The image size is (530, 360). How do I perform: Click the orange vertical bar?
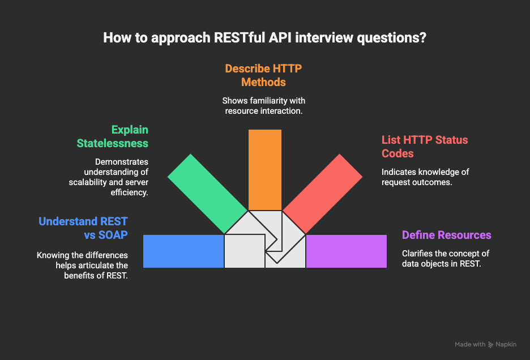(265, 170)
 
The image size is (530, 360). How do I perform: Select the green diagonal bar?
(208, 194)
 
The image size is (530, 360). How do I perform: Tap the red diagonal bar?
(322, 194)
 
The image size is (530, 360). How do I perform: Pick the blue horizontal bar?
(183, 251)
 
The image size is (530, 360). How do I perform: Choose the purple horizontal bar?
(347, 251)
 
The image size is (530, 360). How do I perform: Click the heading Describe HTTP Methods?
(264, 75)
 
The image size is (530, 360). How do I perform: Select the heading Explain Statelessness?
(113, 136)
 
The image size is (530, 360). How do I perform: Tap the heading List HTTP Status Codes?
(425, 147)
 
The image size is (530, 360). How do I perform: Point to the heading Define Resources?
(447, 235)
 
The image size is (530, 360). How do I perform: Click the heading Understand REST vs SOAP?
(83, 228)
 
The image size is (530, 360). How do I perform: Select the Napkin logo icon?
(490, 345)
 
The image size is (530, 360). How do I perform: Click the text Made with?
(470, 345)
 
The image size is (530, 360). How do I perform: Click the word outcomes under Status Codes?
(435, 182)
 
